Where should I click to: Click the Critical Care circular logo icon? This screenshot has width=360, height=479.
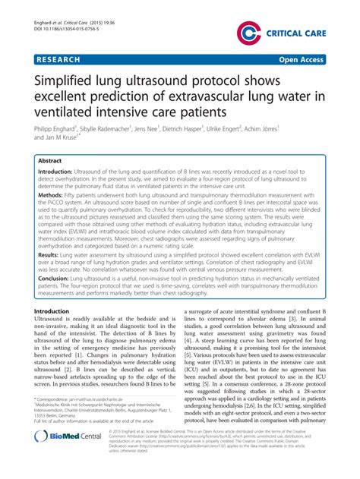(x=248, y=32)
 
